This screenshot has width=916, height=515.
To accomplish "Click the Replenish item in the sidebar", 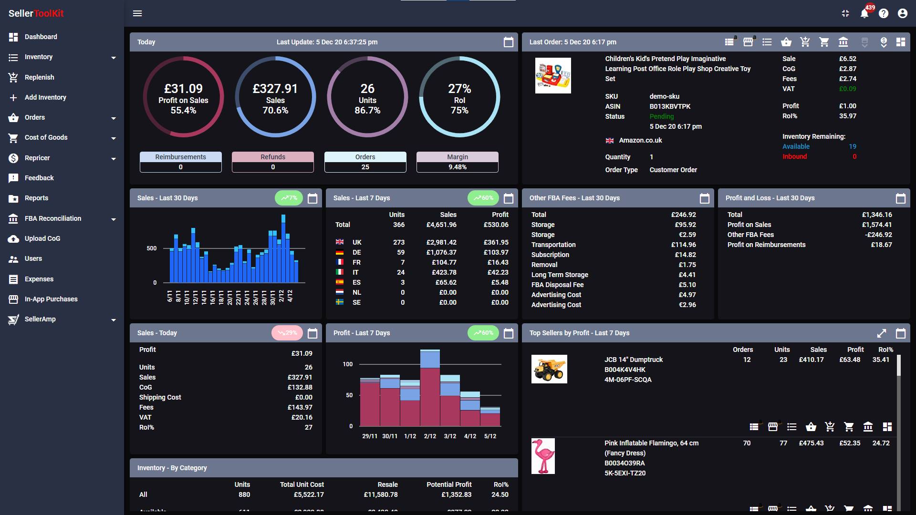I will [39, 77].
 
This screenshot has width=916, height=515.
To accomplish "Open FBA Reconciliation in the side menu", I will [52, 218].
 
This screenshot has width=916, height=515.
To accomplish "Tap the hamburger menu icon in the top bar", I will [137, 13].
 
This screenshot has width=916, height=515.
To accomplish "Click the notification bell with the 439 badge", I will [864, 13].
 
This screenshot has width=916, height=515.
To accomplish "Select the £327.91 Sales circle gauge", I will [275, 97].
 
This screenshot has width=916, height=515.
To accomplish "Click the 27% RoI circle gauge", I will [459, 97].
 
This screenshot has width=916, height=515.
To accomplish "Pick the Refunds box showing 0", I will [273, 162].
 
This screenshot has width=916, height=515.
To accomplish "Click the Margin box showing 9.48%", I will [457, 162].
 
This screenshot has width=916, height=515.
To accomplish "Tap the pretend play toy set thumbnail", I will [553, 75].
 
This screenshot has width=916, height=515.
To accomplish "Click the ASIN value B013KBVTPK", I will [670, 106].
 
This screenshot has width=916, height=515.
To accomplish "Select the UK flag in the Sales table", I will [340, 242].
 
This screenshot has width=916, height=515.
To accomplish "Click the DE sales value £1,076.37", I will [441, 252].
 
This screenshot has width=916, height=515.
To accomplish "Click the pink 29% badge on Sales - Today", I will [287, 333].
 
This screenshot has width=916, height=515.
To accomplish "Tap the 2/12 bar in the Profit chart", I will [430, 387].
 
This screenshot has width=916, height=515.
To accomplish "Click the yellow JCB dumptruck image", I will [549, 369].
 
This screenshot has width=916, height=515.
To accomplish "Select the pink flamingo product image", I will [543, 456].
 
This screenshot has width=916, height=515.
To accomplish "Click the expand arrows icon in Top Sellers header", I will [882, 333].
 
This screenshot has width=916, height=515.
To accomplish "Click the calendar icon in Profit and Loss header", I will [901, 198].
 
